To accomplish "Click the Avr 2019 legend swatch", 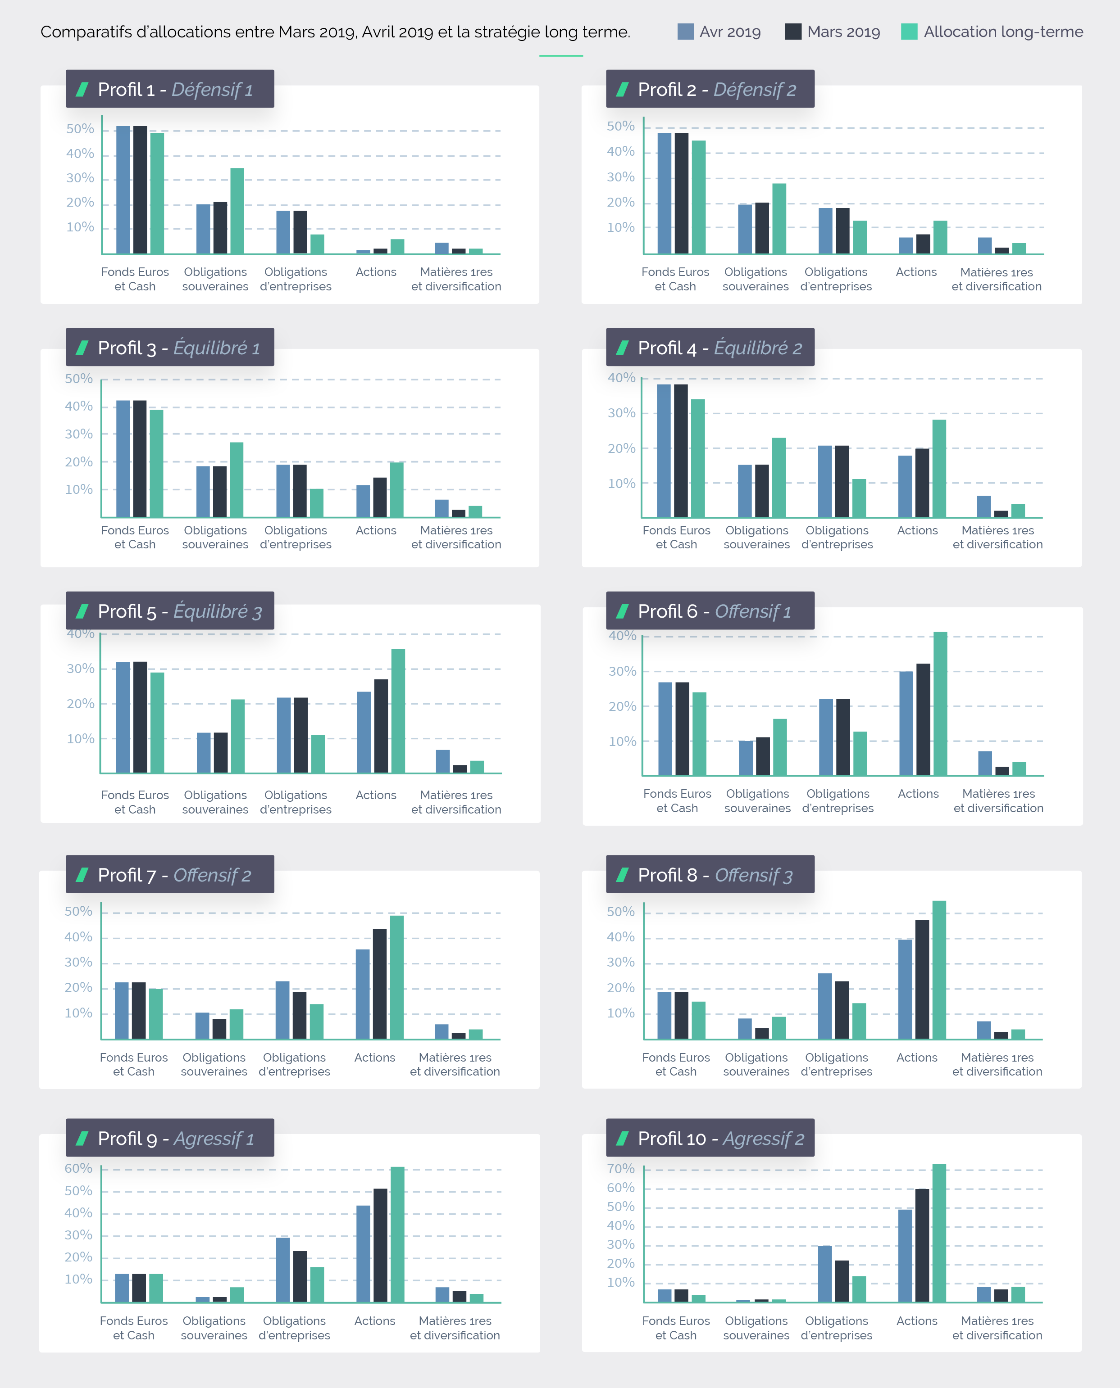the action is click(x=685, y=32).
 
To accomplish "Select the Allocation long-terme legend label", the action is click(x=1003, y=32).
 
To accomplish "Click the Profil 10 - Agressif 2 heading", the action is click(x=721, y=1139).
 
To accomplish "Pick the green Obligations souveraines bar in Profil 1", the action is click(x=237, y=211).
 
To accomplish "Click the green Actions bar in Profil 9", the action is click(x=397, y=1234).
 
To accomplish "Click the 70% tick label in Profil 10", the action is click(x=621, y=1169).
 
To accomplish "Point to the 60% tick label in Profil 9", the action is click(x=78, y=1168).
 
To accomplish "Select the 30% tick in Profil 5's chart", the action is click(x=81, y=669).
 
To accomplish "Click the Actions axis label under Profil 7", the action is click(x=375, y=1057).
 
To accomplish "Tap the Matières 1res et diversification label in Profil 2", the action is click(x=997, y=279).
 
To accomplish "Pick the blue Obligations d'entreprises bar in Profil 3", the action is click(x=283, y=491).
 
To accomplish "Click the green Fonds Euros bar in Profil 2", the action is click(x=699, y=197).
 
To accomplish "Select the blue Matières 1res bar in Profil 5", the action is click(x=442, y=761).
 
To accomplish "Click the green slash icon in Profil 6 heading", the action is click(x=623, y=611).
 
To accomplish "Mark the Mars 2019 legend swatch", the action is click(x=793, y=32).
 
